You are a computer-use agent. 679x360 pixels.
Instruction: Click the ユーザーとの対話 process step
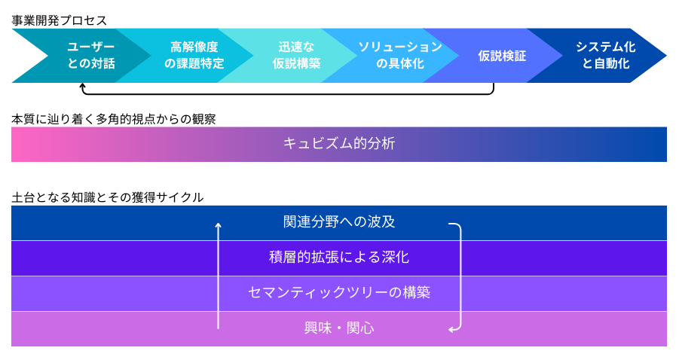point(91,56)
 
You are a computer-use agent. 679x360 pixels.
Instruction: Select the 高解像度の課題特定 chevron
point(194,56)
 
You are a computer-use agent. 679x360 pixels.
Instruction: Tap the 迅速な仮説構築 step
point(296,56)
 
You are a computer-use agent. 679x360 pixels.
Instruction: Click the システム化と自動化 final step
point(605,56)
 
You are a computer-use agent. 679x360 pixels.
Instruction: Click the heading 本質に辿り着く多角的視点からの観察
point(114,119)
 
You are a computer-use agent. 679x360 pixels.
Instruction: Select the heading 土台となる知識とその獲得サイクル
point(107,197)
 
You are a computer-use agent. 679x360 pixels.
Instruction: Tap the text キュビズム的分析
point(339,144)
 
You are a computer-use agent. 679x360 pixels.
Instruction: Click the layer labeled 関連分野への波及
point(339,222)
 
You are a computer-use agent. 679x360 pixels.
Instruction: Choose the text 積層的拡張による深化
point(339,258)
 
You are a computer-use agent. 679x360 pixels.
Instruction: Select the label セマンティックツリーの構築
point(339,293)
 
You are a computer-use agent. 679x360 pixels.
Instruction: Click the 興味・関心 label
point(339,328)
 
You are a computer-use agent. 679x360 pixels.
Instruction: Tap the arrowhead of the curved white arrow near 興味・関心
point(451,328)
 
